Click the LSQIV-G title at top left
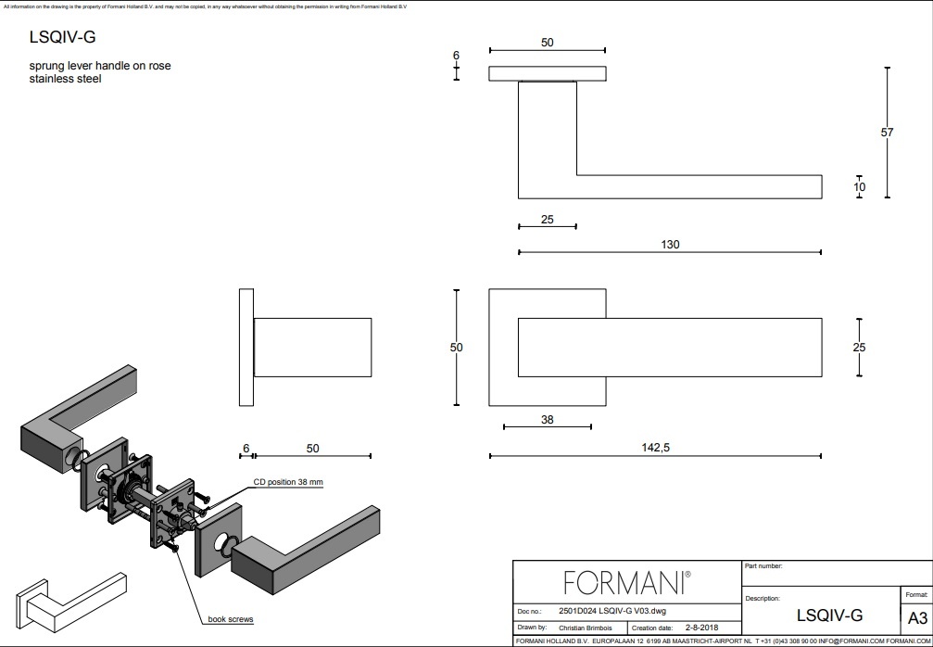pyautogui.click(x=63, y=38)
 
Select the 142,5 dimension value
pyautogui.click(x=655, y=447)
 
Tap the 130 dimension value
pyautogui.click(x=670, y=245)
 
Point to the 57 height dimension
pyautogui.click(x=887, y=133)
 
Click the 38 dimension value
pyautogui.click(x=547, y=419)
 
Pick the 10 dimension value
pyautogui.click(x=860, y=187)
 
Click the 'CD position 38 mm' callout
pyautogui.click(x=288, y=482)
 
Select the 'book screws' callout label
pyautogui.click(x=231, y=619)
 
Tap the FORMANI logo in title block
pyautogui.click(x=627, y=582)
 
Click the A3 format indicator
pyautogui.click(x=916, y=618)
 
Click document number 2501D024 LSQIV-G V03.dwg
pyautogui.click(x=613, y=612)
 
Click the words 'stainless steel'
pyautogui.click(x=65, y=79)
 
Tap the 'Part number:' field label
pyautogui.click(x=763, y=565)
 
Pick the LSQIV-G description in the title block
pyautogui.click(x=829, y=615)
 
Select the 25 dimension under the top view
pyautogui.click(x=547, y=219)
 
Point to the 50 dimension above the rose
pyautogui.click(x=547, y=43)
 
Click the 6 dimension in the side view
pyautogui.click(x=246, y=449)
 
